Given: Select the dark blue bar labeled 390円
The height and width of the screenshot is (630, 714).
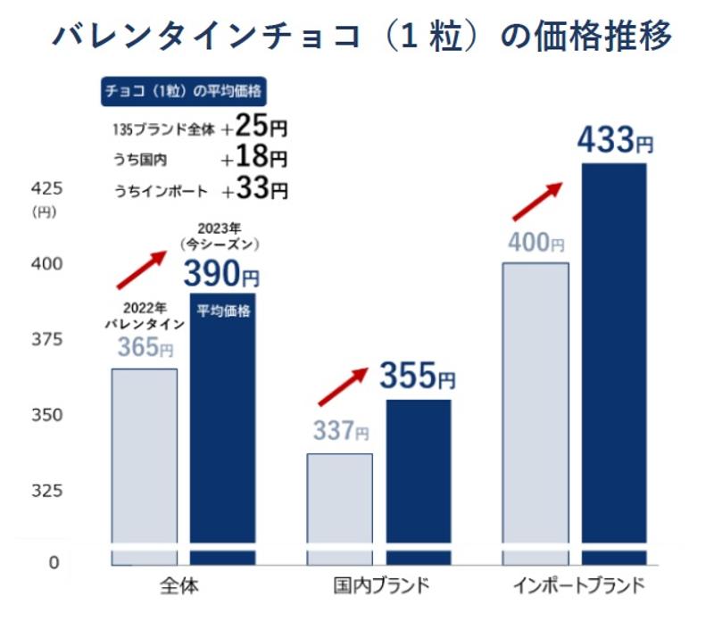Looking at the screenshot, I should (222, 428).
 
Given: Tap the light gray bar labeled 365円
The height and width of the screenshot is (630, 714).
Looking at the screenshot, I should (144, 464).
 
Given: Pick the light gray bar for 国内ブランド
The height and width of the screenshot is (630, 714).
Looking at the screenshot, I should (339, 504).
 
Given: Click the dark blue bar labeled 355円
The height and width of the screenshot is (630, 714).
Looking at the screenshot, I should (418, 477).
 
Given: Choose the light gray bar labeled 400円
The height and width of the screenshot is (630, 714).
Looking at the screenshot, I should (535, 410).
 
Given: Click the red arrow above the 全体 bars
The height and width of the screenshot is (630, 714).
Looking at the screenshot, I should (142, 269).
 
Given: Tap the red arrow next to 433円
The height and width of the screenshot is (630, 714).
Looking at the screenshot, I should (537, 200).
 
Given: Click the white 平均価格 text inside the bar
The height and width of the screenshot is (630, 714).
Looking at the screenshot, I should (223, 311).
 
